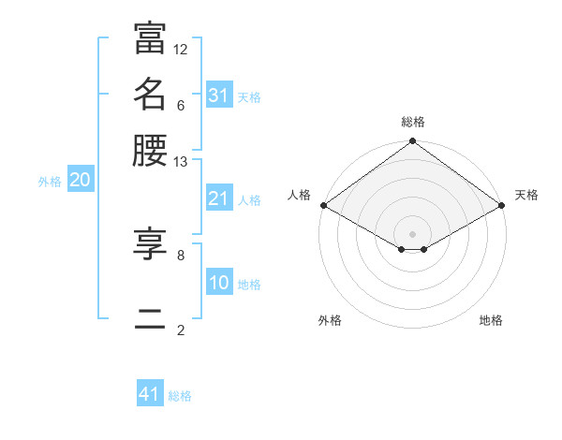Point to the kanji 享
click(150, 242)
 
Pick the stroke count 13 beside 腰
click(181, 161)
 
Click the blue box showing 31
click(218, 95)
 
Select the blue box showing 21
click(218, 198)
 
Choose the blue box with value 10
click(218, 283)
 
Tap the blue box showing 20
click(80, 181)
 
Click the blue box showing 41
click(150, 394)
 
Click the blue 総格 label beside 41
click(180, 396)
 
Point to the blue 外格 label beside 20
click(50, 183)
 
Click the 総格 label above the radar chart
click(413, 123)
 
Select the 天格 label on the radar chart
click(526, 195)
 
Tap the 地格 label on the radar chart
click(491, 321)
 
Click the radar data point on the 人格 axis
click(323, 205)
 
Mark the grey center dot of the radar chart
click(413, 233)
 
